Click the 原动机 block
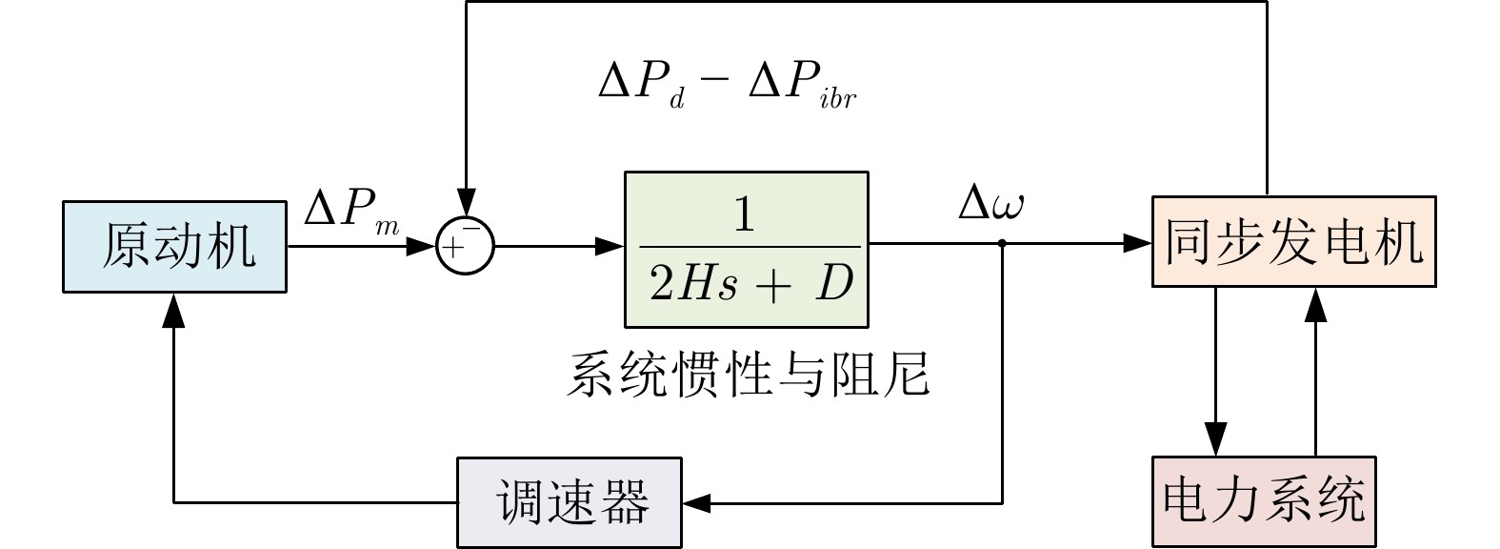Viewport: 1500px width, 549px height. (x=174, y=246)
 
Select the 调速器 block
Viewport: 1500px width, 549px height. (x=570, y=502)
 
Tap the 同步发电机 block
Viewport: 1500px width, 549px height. (x=1293, y=242)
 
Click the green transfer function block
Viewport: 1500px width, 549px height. (x=746, y=250)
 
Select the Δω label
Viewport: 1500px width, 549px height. (x=990, y=204)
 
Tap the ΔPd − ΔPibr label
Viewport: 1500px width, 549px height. (x=727, y=86)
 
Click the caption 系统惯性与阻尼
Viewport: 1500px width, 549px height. (x=748, y=374)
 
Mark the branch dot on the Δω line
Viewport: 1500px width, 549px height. (x=1002, y=244)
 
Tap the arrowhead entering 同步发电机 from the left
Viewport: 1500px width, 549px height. (x=1137, y=244)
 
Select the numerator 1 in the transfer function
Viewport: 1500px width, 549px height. (x=745, y=215)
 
